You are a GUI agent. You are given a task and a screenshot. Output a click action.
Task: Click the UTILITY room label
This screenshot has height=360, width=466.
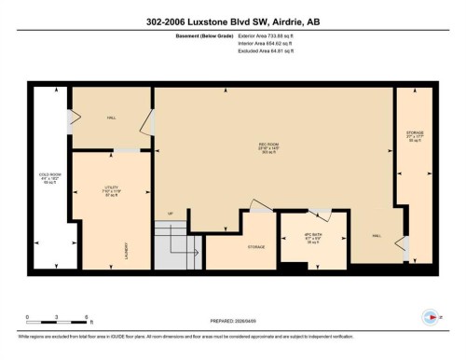[x=112, y=190]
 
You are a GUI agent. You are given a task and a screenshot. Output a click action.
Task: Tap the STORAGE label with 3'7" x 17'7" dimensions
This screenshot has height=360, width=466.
[x=415, y=135]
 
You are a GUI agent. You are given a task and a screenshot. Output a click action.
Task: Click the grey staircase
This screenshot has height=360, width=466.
[x=178, y=250]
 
